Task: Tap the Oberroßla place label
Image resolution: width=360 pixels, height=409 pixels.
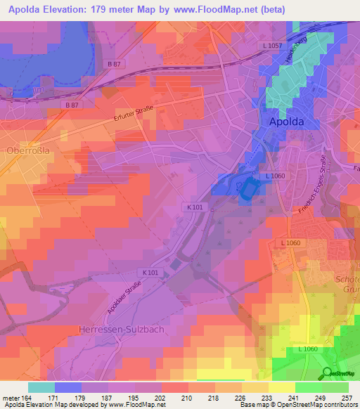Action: coord(25,150)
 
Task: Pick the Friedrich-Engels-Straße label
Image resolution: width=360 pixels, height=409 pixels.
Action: coord(311,203)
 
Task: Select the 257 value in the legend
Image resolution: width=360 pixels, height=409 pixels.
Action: coord(347,398)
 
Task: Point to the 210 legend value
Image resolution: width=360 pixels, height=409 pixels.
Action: coord(186,398)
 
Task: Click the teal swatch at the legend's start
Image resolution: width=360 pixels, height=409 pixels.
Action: coord(41,387)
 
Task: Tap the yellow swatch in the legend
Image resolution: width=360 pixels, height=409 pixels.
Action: coord(282,387)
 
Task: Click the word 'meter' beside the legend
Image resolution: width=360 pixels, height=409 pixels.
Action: coord(10,398)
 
